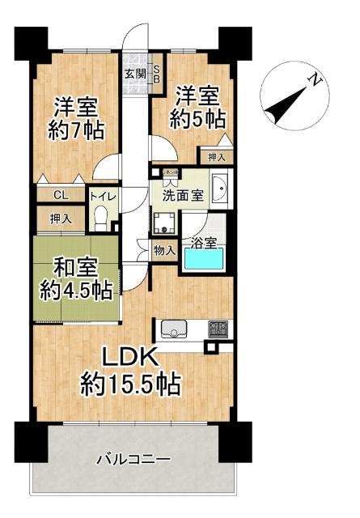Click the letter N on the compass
point(312,80)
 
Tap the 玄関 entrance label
point(134,74)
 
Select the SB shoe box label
point(157,74)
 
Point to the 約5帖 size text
point(197,118)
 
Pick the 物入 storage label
point(164,250)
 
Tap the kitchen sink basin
point(175,329)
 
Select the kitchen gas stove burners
point(218,329)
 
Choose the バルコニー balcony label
point(133,459)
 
